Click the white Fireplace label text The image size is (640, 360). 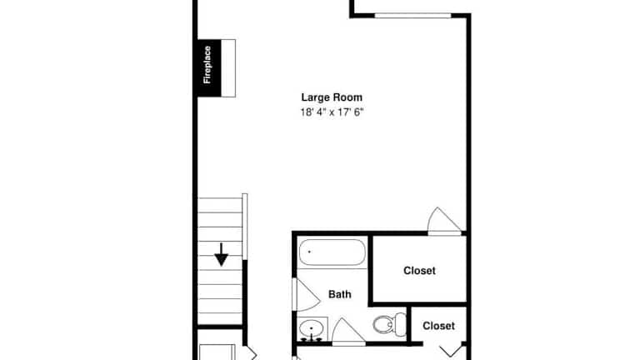click(207, 64)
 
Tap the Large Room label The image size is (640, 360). click(332, 97)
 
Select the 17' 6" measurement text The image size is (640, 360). click(350, 112)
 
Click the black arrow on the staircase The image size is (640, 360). click(221, 255)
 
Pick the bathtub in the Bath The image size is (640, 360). click(332, 252)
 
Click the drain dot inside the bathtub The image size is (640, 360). click(309, 252)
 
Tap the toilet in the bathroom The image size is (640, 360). click(389, 324)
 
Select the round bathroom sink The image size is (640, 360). click(312, 327)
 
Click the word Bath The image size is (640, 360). click(340, 294)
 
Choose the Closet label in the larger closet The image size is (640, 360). click(419, 271)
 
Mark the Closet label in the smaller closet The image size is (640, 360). click(438, 326)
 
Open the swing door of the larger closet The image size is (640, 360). click(443, 222)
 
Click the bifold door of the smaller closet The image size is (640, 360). click(452, 350)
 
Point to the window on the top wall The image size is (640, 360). click(412, 16)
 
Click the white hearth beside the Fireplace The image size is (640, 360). click(228, 68)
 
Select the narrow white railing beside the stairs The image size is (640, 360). click(245, 227)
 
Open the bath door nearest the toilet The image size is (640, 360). click(347, 332)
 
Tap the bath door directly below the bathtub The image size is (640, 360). click(306, 295)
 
